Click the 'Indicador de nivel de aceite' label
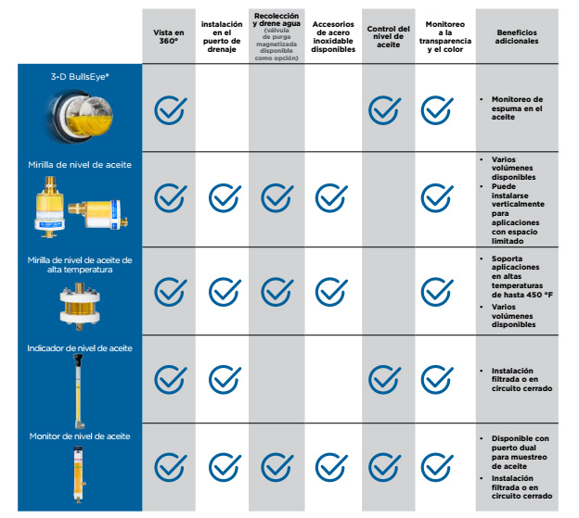pos(80,348)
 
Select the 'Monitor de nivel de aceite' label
pos(80,435)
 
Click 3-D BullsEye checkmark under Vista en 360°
pos(169,109)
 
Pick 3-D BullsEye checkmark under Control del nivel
pos(384,109)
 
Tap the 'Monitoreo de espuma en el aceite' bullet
pos(521,108)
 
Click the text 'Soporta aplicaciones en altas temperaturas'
pos(521,275)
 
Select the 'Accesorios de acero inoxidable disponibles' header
pos(333,36)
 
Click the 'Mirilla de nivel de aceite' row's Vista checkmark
pos(169,196)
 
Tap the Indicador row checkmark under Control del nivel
pos(384,379)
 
